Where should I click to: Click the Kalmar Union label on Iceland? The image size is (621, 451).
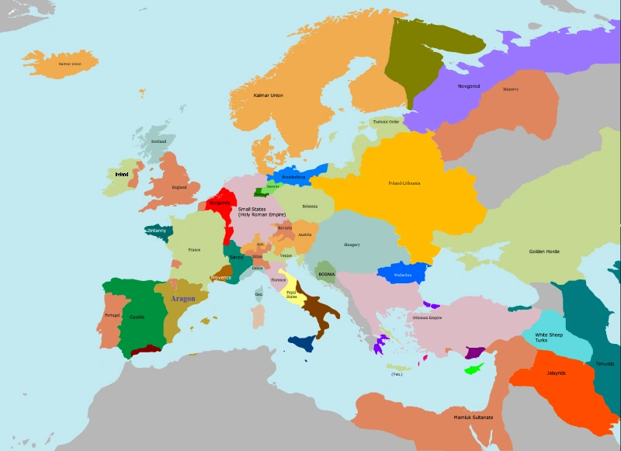coord(70,63)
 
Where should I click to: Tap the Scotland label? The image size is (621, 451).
coord(158,141)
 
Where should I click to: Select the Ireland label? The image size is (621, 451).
coord(121,175)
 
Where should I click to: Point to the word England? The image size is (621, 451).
coord(179,187)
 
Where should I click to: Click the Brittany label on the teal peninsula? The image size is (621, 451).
coord(156,231)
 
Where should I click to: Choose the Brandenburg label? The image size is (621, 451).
coord(293,177)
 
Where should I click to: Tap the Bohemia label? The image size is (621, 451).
coord(310,206)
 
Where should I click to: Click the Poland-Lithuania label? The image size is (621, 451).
coord(404,183)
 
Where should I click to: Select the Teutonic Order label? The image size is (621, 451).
coord(386,122)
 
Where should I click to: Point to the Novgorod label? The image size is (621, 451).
coord(469,86)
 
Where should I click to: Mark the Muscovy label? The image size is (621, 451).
coord(510,89)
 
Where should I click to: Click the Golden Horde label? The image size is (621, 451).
coord(544,252)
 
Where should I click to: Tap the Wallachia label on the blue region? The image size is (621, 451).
coord(402,275)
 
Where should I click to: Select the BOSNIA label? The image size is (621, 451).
coord(327,274)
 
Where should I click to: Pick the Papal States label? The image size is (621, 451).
coord(291,294)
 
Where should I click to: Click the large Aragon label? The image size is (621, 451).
coord(182,298)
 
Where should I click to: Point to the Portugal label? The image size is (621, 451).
coord(113,315)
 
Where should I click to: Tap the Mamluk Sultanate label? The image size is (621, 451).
coord(473,418)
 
